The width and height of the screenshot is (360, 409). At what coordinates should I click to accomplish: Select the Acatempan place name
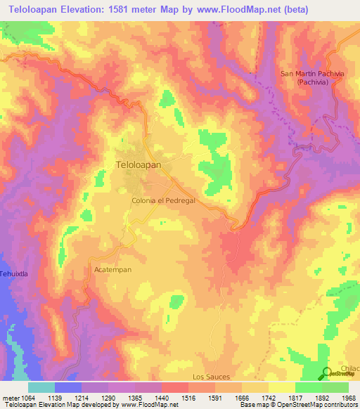(112, 269)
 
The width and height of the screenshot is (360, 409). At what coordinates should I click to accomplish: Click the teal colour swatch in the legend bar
(41, 387)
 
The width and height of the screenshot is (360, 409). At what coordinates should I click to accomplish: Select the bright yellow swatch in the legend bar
(281, 387)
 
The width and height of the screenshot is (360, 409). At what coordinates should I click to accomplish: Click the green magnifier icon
(328, 374)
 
